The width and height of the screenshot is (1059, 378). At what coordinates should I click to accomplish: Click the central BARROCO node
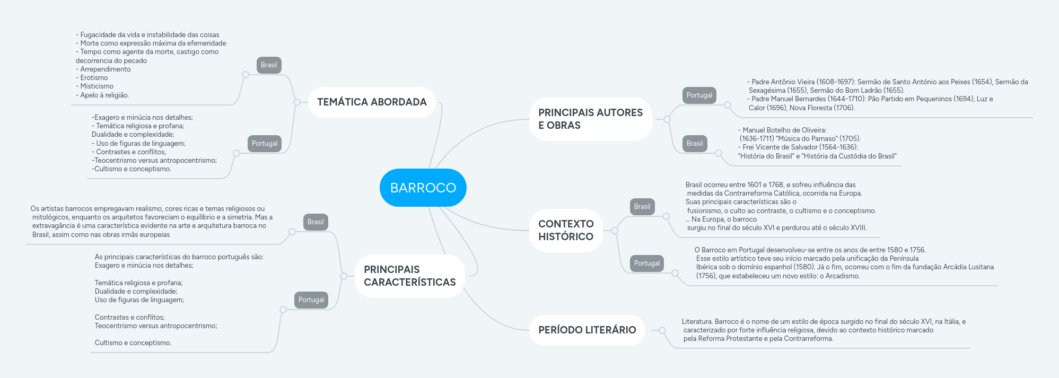(x=423, y=188)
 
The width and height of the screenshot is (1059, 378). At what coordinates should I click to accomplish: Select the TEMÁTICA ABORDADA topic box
(x=372, y=102)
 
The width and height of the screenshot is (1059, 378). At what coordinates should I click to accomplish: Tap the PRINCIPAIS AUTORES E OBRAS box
(x=590, y=119)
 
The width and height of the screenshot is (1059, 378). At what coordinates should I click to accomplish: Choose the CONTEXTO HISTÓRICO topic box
(x=566, y=230)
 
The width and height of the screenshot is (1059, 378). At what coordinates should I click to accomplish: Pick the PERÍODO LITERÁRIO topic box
(x=587, y=330)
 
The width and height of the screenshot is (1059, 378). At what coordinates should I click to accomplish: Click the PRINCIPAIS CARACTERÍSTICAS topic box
(x=409, y=276)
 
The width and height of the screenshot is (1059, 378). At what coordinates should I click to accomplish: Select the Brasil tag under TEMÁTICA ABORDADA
(x=269, y=65)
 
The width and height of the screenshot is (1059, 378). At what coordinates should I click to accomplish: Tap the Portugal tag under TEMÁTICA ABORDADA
(x=265, y=144)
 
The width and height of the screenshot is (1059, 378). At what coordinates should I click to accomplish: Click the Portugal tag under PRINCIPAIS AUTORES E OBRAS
(x=699, y=95)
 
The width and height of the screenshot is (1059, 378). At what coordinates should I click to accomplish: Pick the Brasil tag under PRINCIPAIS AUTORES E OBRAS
(x=695, y=144)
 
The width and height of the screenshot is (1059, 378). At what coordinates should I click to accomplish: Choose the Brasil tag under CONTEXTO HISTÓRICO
(x=642, y=207)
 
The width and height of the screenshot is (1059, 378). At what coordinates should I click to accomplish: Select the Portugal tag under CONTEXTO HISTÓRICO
(x=647, y=263)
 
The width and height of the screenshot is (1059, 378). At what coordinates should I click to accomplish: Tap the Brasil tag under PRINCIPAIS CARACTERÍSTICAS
(x=316, y=222)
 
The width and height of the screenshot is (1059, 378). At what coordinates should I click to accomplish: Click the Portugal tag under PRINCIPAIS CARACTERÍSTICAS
(x=311, y=300)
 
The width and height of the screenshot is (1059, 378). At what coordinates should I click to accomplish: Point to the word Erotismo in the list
(x=94, y=78)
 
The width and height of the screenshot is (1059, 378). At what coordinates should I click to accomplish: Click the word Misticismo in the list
(x=97, y=86)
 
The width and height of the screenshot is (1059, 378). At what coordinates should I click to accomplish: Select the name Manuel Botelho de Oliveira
(x=784, y=130)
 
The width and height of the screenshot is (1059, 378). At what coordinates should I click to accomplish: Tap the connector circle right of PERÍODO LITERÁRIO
(x=662, y=330)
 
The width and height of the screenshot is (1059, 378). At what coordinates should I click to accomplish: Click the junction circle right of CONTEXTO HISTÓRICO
(x=615, y=230)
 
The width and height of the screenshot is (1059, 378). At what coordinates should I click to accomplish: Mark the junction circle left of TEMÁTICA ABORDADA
(x=297, y=102)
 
